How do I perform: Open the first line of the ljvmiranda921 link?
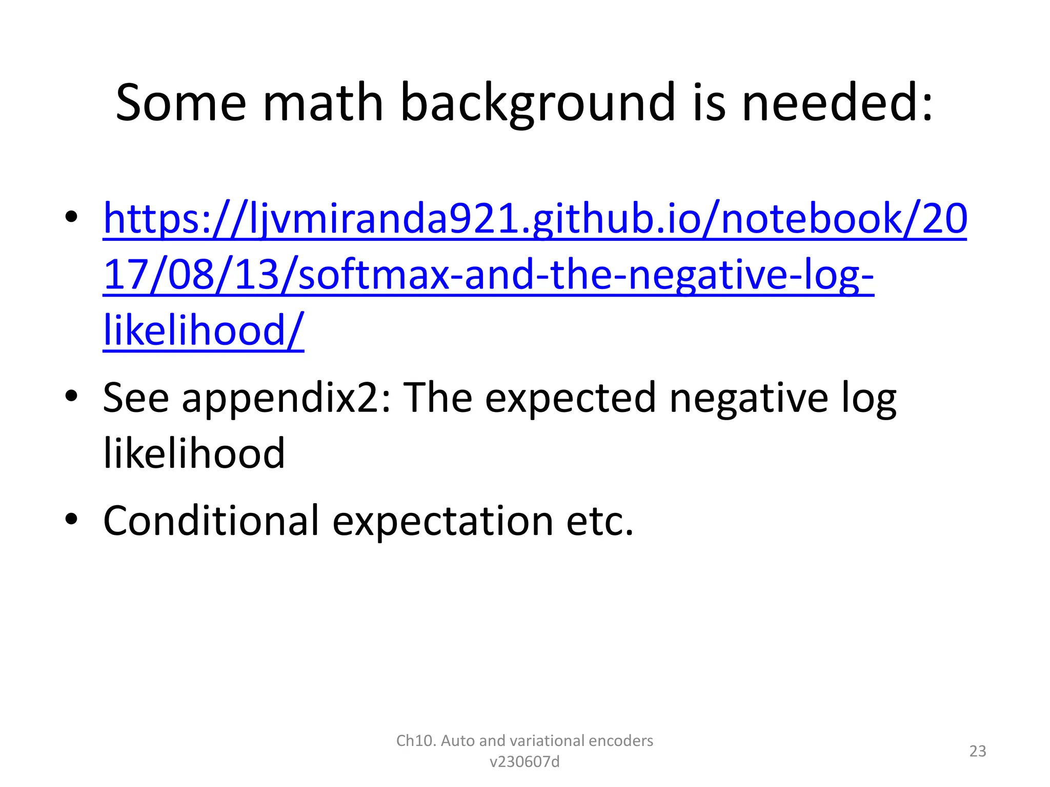[x=535, y=219]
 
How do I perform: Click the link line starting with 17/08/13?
[x=488, y=275]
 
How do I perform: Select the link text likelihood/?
[x=204, y=330]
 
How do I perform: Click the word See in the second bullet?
[x=136, y=398]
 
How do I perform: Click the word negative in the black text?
[x=749, y=398]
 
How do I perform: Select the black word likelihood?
[x=194, y=453]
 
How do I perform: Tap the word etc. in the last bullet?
[x=600, y=522]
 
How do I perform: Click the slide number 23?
[x=978, y=751]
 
